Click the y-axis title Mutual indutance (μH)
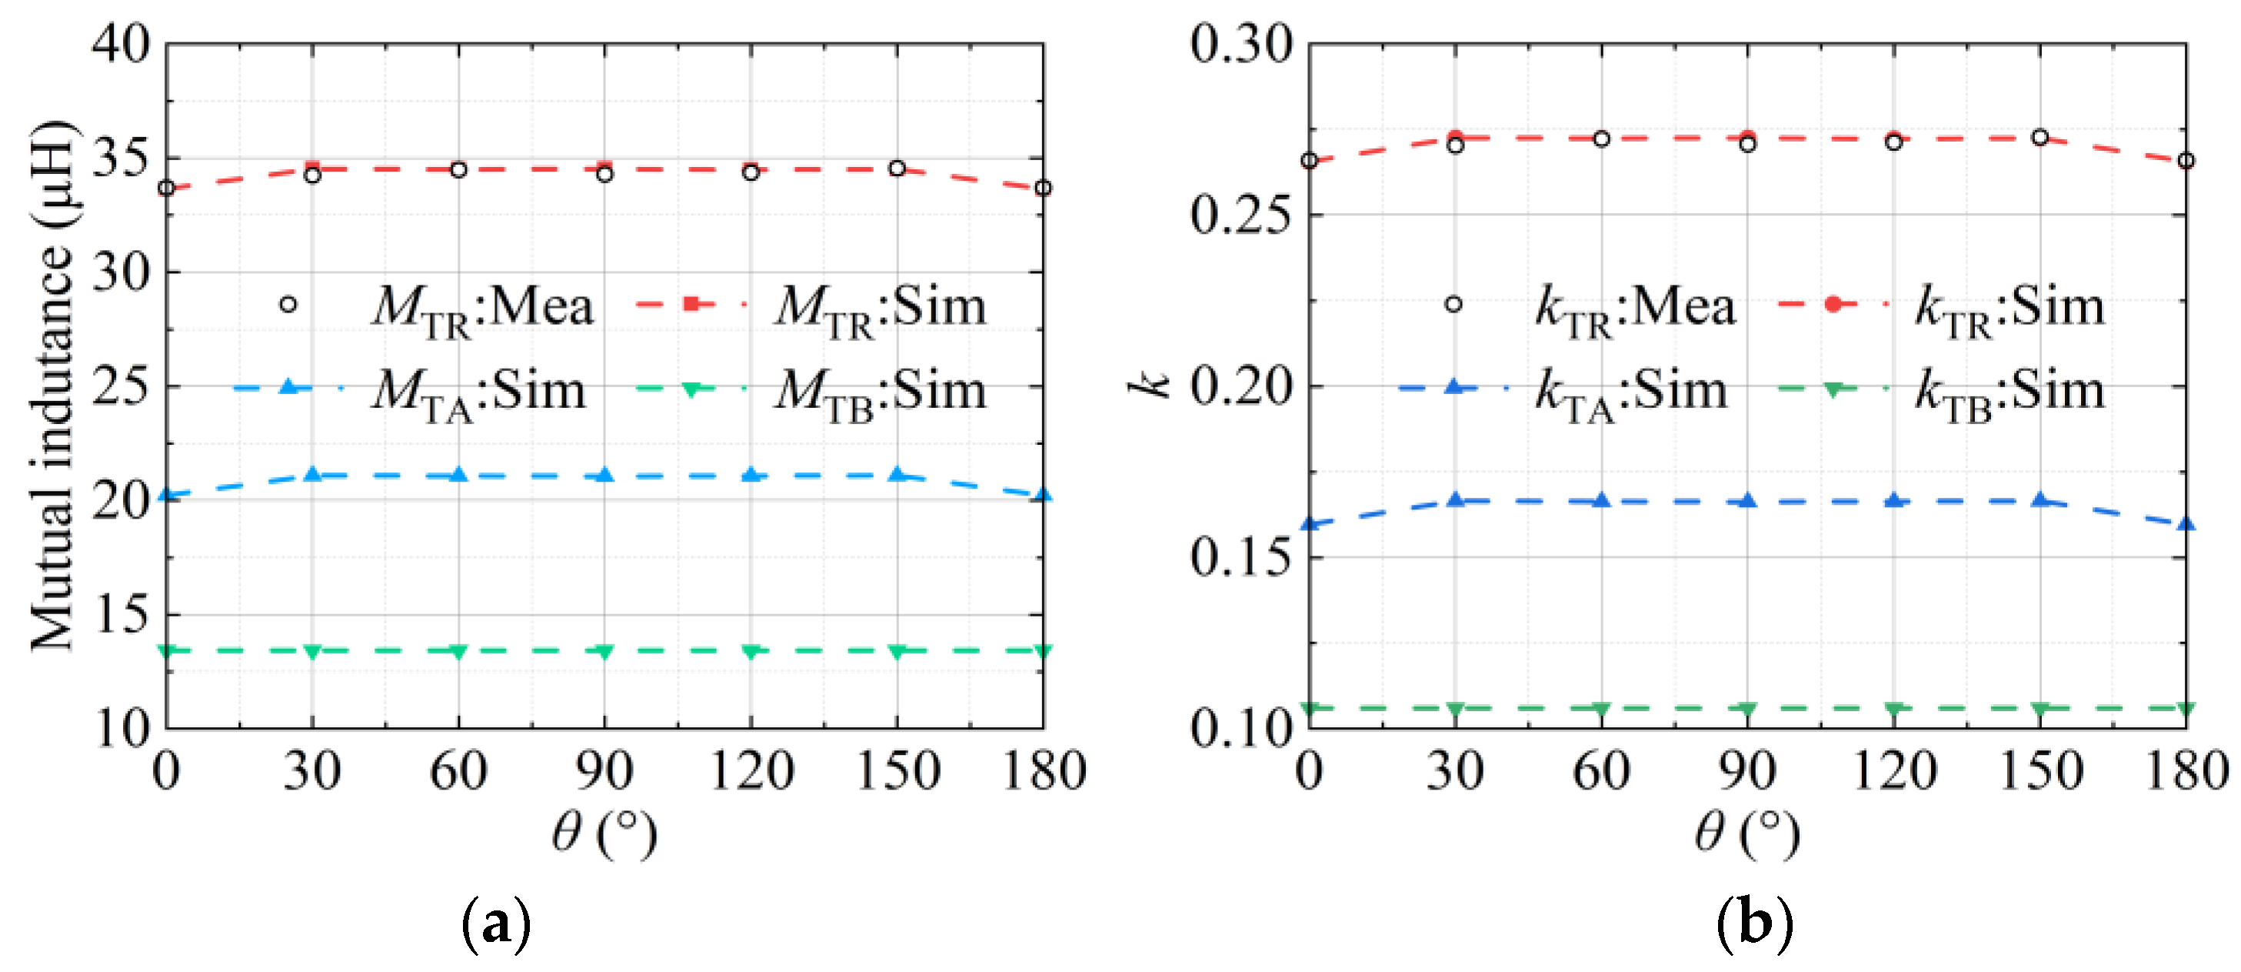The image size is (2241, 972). tap(52, 386)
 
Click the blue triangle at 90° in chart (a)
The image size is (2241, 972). tap(604, 475)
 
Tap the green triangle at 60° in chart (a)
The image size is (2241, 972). tap(458, 651)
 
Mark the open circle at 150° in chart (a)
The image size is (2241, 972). tap(897, 168)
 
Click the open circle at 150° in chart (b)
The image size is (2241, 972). tap(2040, 138)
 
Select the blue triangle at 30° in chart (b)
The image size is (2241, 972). tap(1456, 500)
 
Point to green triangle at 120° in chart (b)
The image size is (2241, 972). tap(1894, 710)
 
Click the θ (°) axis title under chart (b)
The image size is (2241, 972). tap(1747, 833)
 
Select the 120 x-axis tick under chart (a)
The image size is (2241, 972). tap(751, 771)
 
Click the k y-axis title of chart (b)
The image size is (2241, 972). tap(1149, 385)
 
